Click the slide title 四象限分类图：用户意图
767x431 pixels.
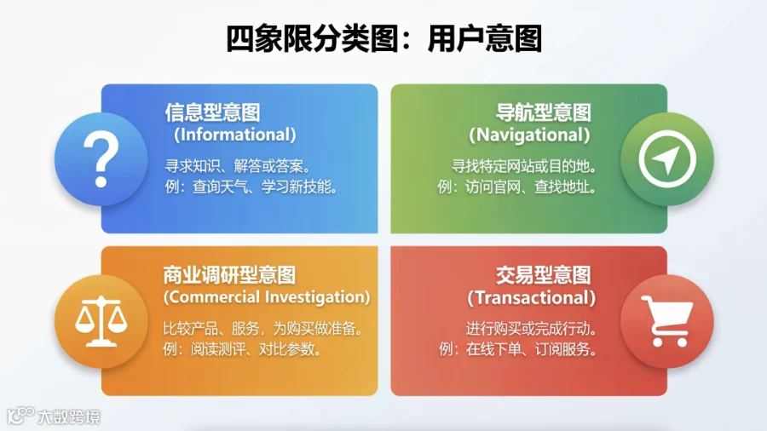coord(384,38)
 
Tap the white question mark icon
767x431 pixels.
coord(101,159)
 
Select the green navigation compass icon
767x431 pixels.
coord(666,159)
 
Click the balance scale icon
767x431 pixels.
coord(101,321)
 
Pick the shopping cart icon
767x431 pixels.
coord(667,321)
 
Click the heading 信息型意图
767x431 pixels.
coord(212,112)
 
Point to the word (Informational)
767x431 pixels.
coord(235,135)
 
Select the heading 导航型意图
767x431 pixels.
coord(543,112)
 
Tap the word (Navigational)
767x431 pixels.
coord(529,135)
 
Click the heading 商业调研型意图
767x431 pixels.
coord(229,275)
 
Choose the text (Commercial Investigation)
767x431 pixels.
coord(267,297)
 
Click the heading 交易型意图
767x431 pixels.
coord(543,275)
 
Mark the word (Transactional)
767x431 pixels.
coord(531,297)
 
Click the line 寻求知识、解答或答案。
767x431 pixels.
coord(238,166)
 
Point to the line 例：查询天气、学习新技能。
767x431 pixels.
coord(251,187)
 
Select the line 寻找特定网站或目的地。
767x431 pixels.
coord(524,166)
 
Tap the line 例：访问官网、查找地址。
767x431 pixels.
coord(517,187)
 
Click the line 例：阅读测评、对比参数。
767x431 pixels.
coord(243,349)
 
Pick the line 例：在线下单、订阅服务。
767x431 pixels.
coord(517,349)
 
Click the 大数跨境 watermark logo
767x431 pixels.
coord(54,417)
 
